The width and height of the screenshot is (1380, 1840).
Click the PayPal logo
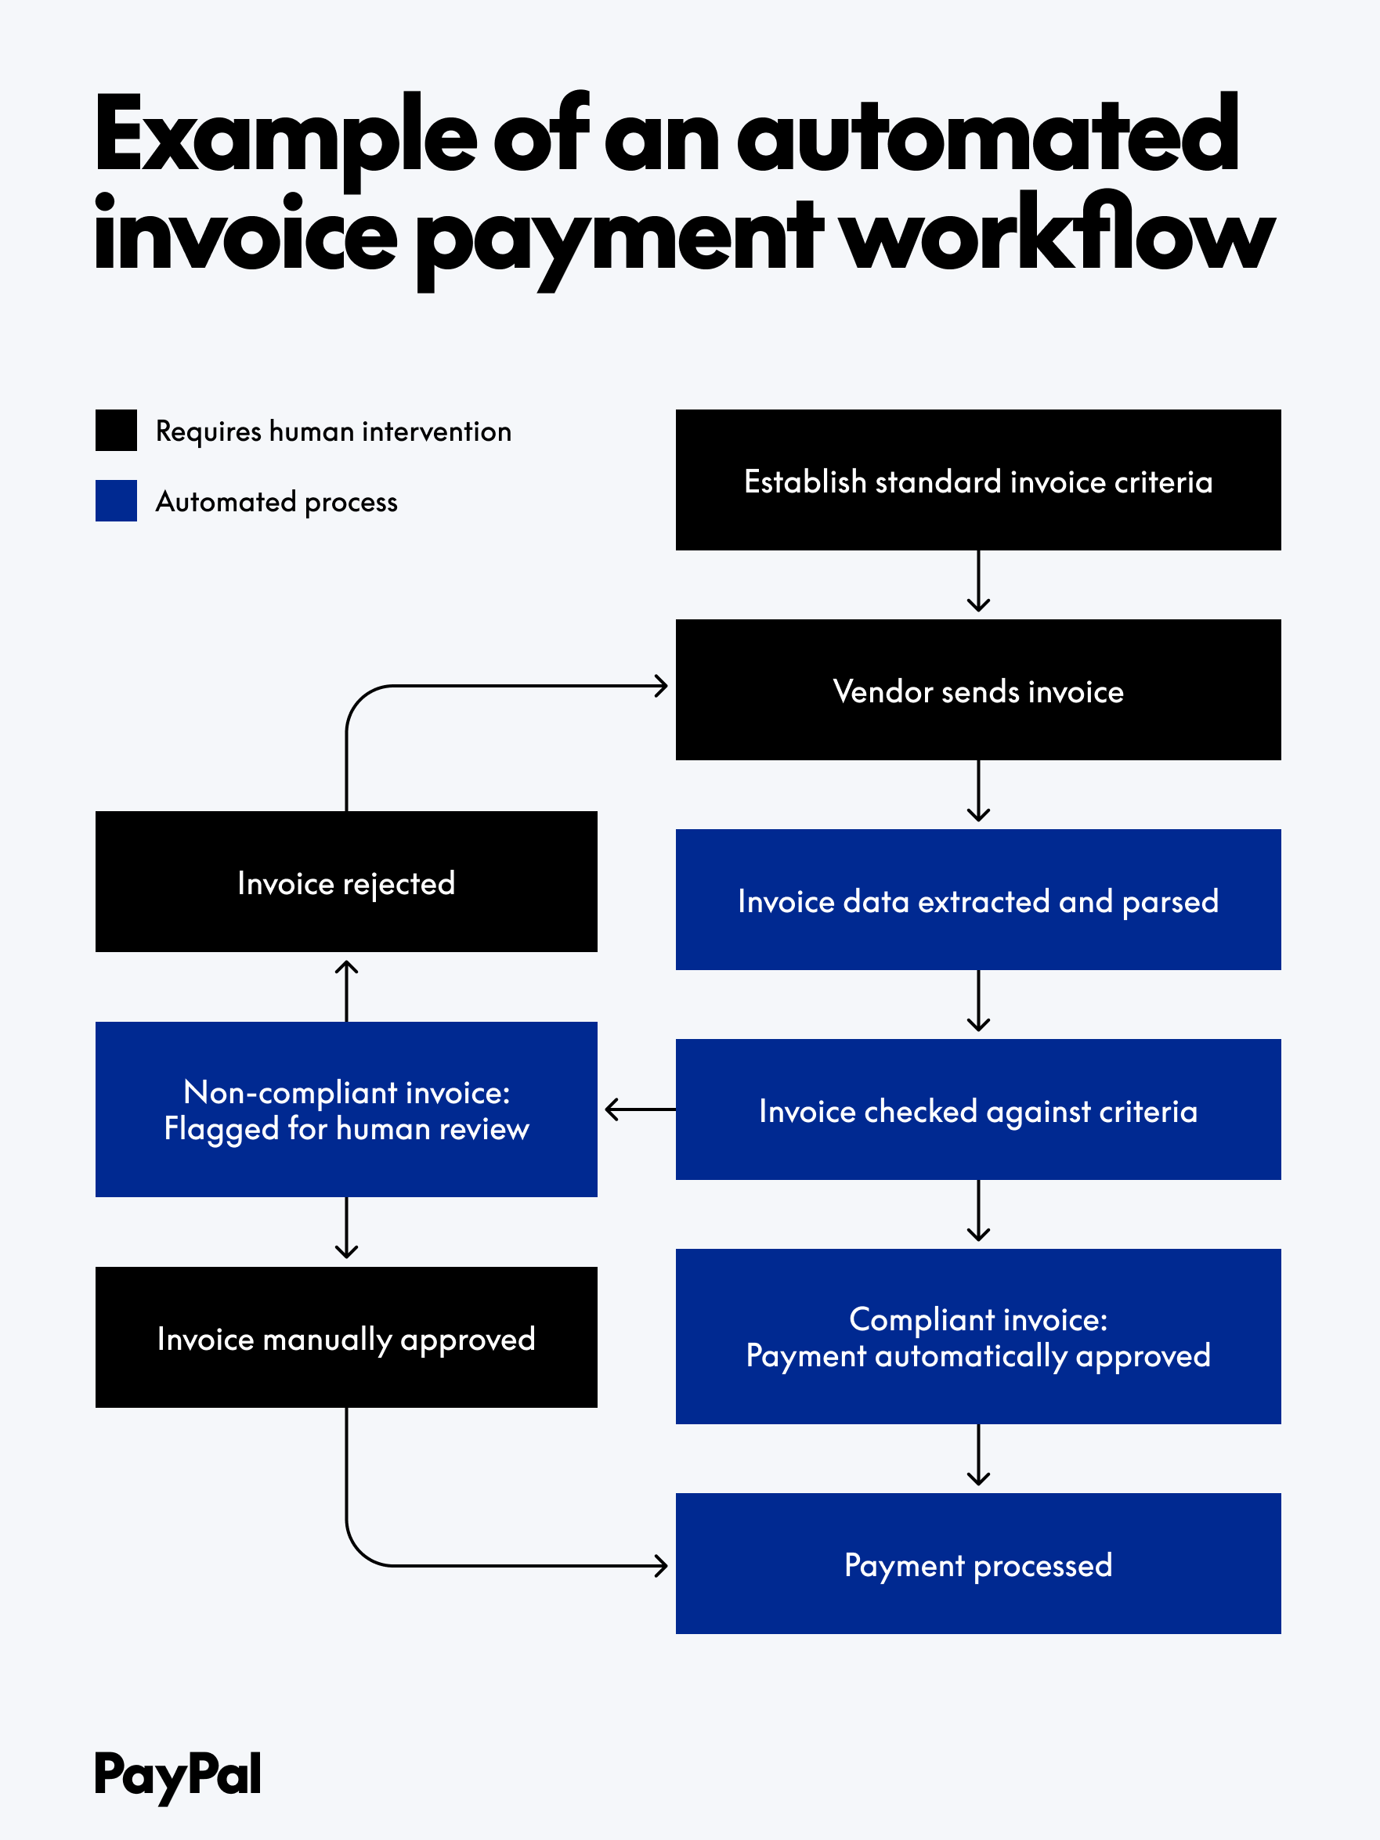(x=177, y=1774)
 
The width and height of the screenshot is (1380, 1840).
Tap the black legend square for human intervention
(x=117, y=430)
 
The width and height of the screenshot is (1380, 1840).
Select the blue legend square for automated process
(x=117, y=501)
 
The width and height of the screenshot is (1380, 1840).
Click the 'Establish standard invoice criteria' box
(x=977, y=480)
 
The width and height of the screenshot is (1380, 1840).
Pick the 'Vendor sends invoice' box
(x=977, y=690)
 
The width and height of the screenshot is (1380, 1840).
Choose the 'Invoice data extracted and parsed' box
(x=977, y=900)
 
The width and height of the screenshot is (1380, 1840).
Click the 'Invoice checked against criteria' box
(x=977, y=1109)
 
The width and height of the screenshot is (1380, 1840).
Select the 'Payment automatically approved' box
(x=977, y=1337)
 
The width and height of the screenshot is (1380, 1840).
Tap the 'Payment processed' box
(x=977, y=1564)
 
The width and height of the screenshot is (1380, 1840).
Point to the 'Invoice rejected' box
(x=346, y=882)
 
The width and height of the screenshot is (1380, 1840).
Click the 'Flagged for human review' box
(x=346, y=1109)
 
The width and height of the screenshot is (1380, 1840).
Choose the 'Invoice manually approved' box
(x=346, y=1337)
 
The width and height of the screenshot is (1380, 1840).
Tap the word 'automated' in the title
(x=988, y=135)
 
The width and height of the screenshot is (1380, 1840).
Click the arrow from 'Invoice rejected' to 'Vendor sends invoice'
(x=499, y=686)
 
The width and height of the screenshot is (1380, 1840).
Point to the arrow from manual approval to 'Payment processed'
(x=499, y=1566)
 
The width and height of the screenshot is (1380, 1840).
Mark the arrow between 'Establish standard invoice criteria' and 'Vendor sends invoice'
(x=978, y=583)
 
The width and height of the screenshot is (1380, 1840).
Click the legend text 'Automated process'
(x=276, y=502)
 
